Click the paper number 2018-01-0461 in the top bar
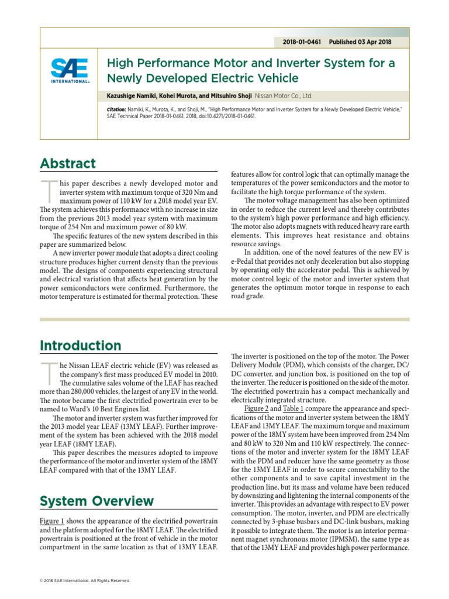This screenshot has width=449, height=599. point(301,42)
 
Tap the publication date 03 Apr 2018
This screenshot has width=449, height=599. point(371,42)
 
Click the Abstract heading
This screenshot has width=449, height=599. point(68,164)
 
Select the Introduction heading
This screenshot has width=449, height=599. point(81,345)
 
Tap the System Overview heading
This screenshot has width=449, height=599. point(97,501)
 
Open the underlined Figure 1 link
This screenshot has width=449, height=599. point(53,521)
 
